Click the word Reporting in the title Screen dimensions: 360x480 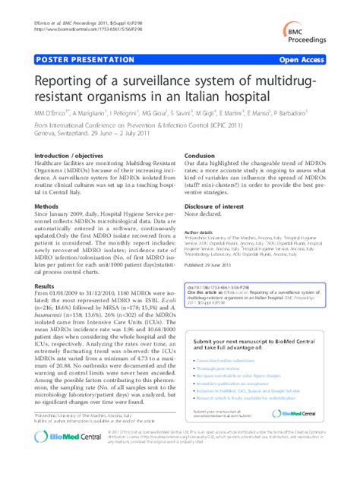coord(69,81)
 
